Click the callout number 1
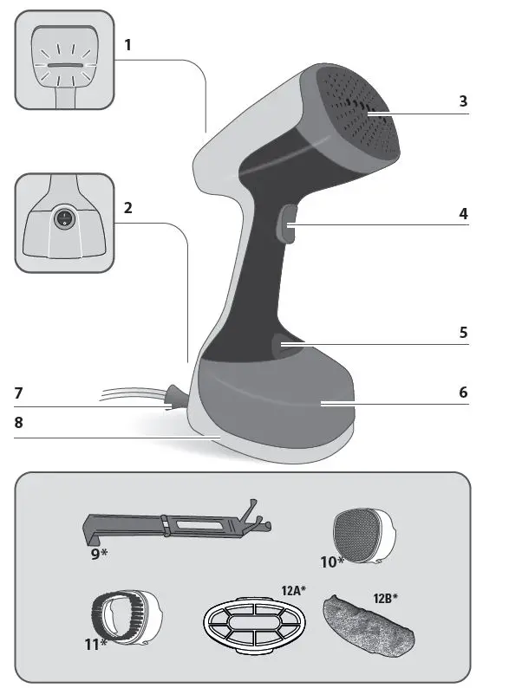127,43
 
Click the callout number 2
127,208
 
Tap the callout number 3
463,101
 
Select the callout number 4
463,212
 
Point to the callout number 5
463,332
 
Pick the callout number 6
463,392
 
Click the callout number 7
19,392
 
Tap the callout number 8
19,425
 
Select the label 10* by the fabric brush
331,561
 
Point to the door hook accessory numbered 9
173,526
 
